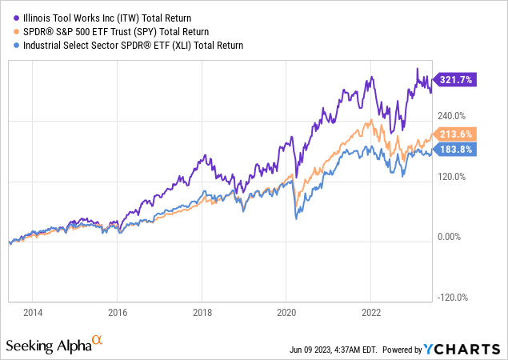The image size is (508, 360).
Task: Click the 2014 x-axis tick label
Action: click(x=33, y=313)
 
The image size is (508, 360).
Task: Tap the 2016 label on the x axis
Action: click(x=118, y=313)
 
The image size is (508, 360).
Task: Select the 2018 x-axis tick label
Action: click(x=202, y=313)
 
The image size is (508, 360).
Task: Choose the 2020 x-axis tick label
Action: click(x=287, y=313)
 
